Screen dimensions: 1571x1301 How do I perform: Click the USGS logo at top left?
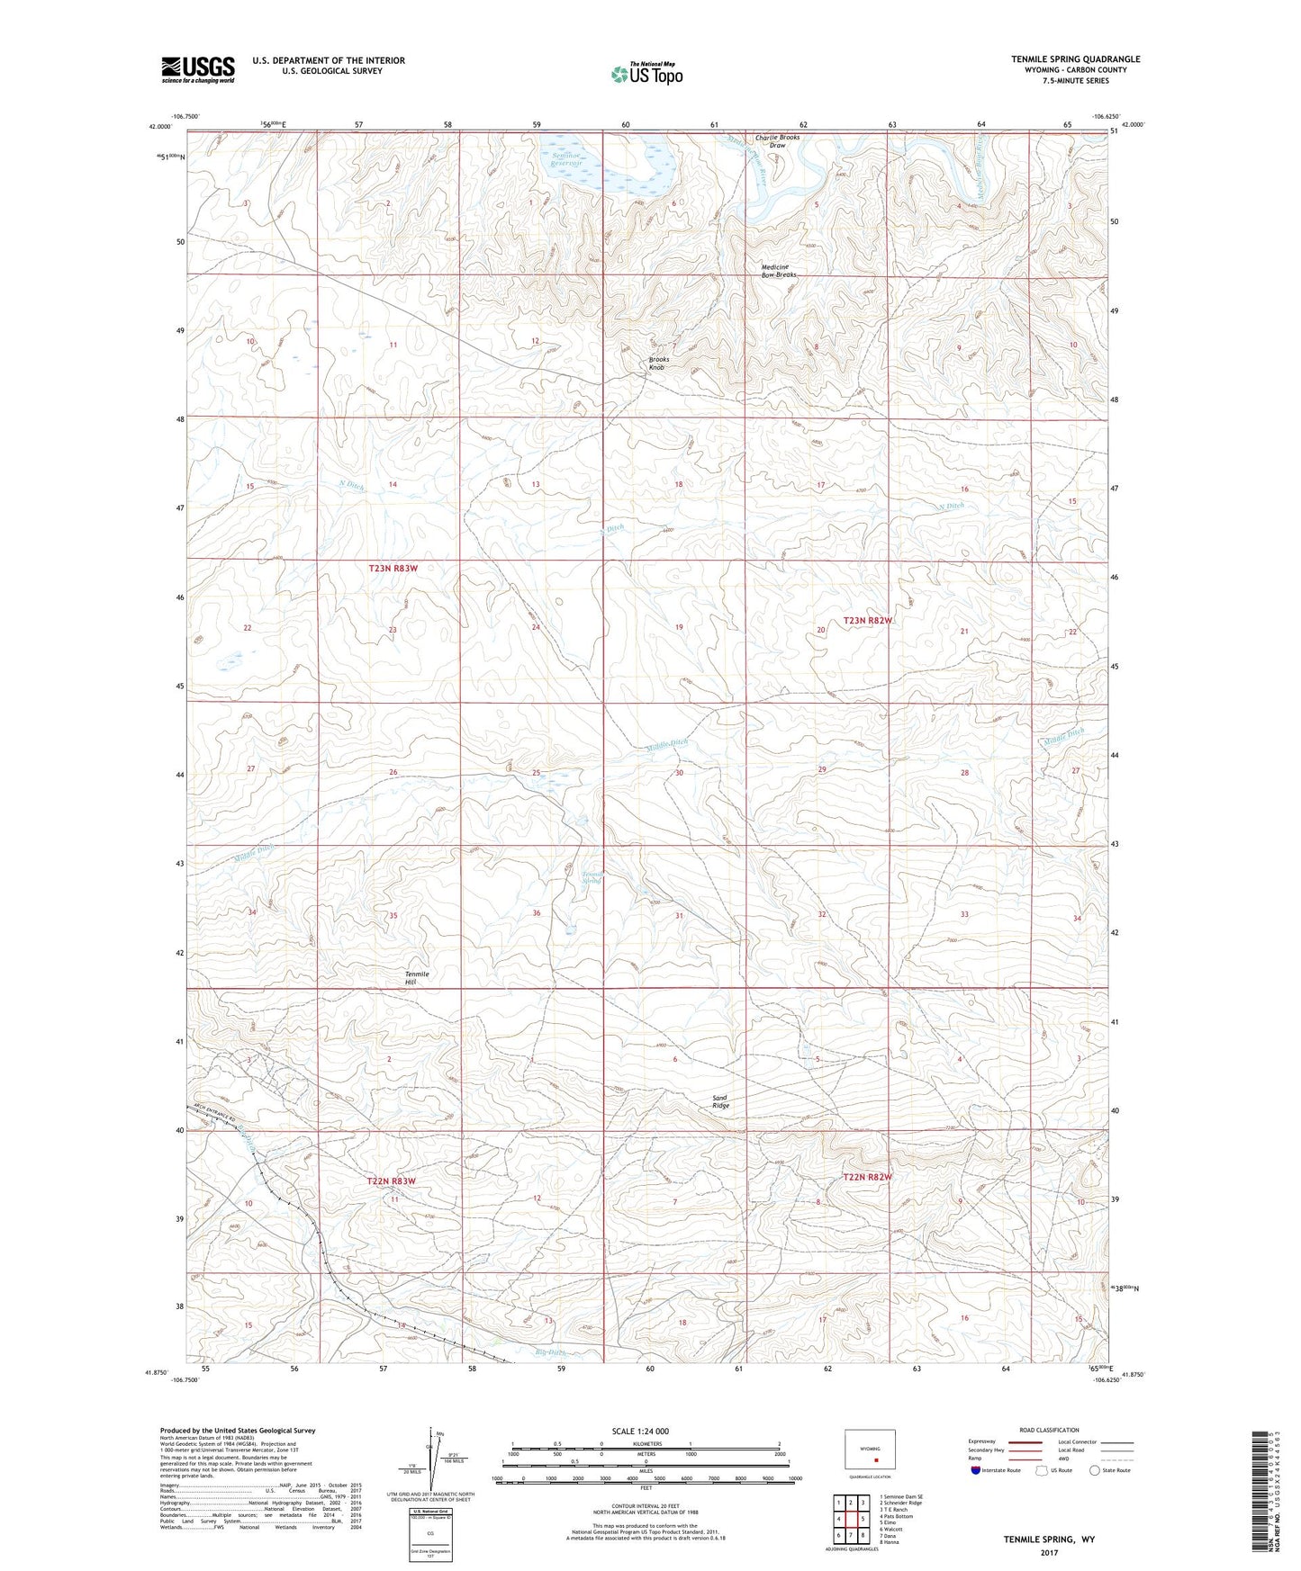[x=198, y=68]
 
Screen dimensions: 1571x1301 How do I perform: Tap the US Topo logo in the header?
[x=646, y=74]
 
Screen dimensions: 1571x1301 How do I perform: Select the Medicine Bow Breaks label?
[x=778, y=271]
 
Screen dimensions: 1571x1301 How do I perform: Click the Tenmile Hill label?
[x=417, y=978]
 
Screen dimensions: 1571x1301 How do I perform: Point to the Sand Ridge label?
[x=720, y=1101]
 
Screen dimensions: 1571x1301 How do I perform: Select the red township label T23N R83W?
[x=393, y=569]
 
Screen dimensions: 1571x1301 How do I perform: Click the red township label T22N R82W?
[x=867, y=1177]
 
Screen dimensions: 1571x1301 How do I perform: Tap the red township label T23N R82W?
[x=868, y=621]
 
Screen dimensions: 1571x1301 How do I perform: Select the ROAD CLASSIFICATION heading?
[x=1050, y=1430]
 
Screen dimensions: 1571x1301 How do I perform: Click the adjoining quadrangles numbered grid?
[x=850, y=1518]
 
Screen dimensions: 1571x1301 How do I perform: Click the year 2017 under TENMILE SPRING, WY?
[x=1048, y=1553]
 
